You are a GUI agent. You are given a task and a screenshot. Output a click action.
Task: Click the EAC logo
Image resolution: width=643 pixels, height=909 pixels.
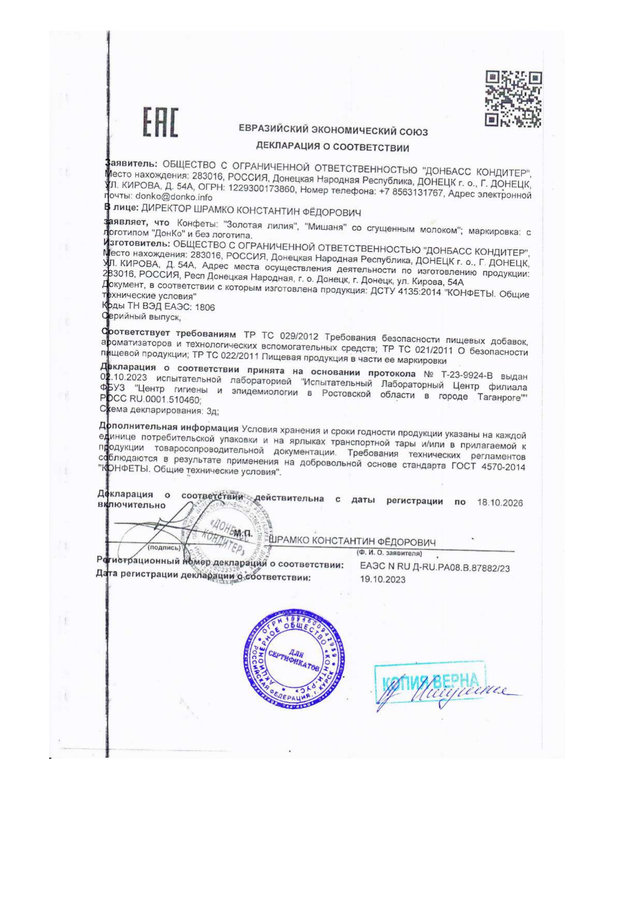pos(160,123)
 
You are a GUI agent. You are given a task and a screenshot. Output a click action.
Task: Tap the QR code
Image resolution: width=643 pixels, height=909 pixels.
pos(513,99)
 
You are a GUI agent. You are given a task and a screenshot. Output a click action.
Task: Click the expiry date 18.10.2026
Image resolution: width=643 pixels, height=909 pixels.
pos(499,503)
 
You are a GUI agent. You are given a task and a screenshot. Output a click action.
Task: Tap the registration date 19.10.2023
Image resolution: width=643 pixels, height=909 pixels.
pos(383,580)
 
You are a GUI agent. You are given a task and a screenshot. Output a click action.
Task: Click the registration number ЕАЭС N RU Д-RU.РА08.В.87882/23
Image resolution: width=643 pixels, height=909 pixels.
pos(435,568)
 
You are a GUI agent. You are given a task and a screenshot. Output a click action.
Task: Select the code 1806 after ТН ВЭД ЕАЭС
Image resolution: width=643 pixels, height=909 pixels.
pos(205,307)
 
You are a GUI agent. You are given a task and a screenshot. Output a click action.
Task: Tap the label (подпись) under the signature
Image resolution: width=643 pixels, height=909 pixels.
pos(164,547)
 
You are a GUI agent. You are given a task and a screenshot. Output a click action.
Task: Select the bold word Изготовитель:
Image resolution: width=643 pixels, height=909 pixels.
pos(137,243)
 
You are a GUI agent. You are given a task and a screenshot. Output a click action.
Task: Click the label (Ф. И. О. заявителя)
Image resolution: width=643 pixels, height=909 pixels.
pos(389,553)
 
